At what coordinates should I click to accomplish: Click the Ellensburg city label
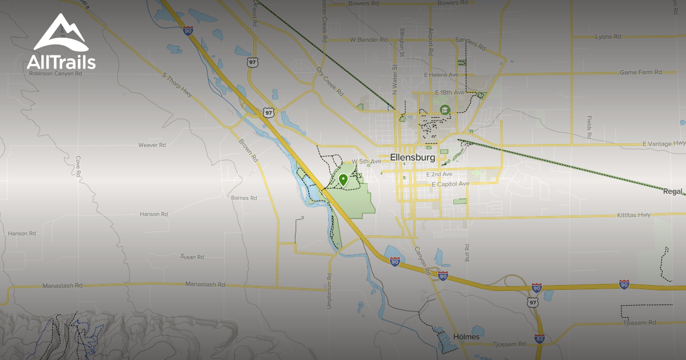click(x=413, y=157)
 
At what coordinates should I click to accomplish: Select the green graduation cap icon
click(x=444, y=109)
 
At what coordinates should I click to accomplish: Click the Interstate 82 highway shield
click(x=540, y=338)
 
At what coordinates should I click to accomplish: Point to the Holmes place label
click(x=466, y=337)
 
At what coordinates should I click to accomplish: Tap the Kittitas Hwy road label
click(x=633, y=215)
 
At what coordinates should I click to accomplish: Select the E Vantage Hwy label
click(x=663, y=143)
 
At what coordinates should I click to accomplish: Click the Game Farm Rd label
click(x=640, y=73)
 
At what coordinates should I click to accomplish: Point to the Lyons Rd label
click(x=608, y=37)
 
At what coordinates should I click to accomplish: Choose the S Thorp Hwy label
click(x=177, y=84)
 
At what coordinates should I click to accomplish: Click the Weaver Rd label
click(x=151, y=145)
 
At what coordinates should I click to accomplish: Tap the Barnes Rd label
click(x=244, y=198)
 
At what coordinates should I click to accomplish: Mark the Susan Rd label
click(x=192, y=257)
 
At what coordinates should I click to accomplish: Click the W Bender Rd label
click(x=369, y=40)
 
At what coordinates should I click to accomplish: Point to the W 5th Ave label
click(x=366, y=162)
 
